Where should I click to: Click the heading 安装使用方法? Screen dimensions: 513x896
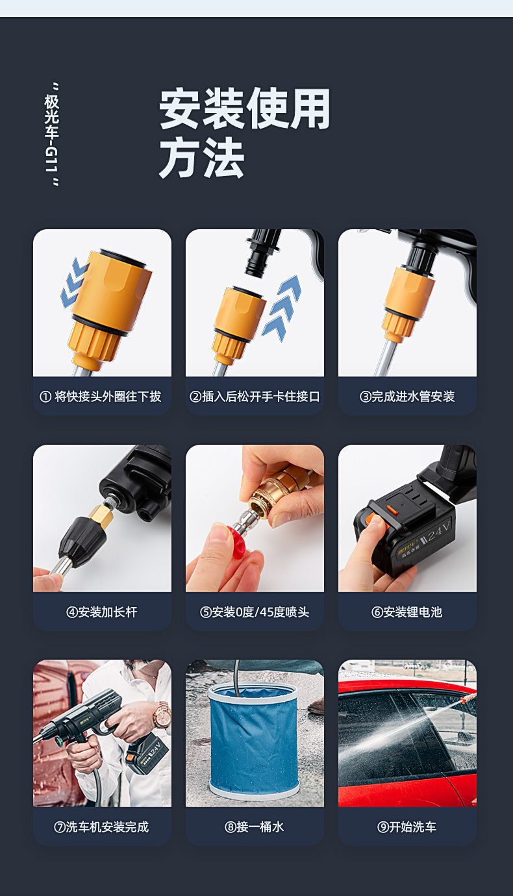pos(245,133)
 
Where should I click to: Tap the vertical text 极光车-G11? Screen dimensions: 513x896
pos(52,134)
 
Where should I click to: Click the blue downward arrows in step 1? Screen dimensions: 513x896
pos(73,282)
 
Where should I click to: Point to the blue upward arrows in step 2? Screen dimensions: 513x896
pos(282,308)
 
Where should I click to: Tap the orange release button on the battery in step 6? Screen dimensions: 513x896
pos(392,510)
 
